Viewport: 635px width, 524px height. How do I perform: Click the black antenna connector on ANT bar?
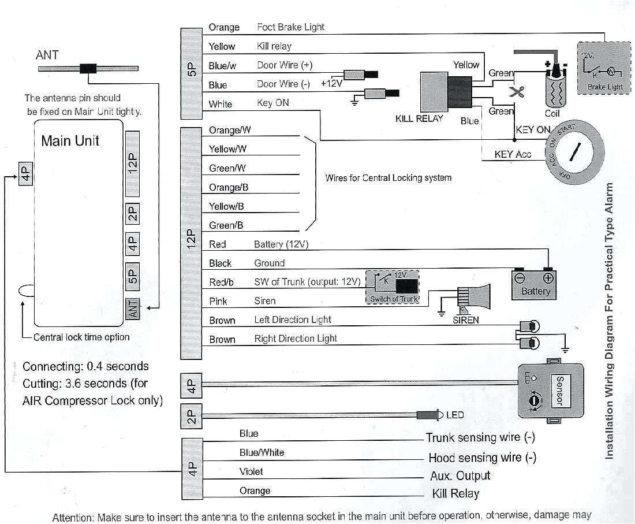[x=88, y=68]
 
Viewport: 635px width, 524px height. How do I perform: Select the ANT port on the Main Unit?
[x=132, y=309]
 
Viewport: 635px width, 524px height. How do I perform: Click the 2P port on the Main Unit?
[x=132, y=214]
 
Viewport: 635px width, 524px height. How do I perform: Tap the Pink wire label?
[x=218, y=301]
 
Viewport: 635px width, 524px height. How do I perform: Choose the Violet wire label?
[x=251, y=472]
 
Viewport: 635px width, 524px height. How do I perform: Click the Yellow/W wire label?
[x=227, y=149]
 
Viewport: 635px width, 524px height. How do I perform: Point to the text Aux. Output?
[x=460, y=476]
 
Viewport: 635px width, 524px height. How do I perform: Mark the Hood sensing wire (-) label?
[x=482, y=458]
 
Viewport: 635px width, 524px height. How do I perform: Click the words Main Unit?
[x=70, y=140]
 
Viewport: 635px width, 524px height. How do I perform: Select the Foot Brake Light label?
[x=290, y=27]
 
